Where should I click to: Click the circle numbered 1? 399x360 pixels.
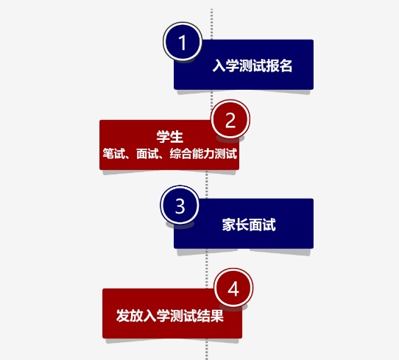pos(183,42)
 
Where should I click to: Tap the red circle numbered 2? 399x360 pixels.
pos(230,119)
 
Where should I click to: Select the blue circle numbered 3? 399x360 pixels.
pos(180,205)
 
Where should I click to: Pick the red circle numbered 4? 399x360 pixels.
pos(233,288)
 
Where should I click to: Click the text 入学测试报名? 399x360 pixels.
pos(253,66)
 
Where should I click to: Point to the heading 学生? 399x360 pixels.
pos(170,136)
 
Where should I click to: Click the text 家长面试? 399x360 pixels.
pos(249,225)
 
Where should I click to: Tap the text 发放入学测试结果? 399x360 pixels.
pos(170,316)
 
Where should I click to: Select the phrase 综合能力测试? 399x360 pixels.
pos(203,154)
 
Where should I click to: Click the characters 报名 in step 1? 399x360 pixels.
pos(279,66)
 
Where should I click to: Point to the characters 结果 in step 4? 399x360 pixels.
pos(211,316)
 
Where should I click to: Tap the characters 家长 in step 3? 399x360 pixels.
pos(235,225)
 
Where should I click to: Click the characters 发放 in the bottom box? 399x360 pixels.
pos(130,316)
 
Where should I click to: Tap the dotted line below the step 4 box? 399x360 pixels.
pos(207,349)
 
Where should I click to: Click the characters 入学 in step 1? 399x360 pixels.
pos(226,66)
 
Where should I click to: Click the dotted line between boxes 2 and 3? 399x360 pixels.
pos(207,184)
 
